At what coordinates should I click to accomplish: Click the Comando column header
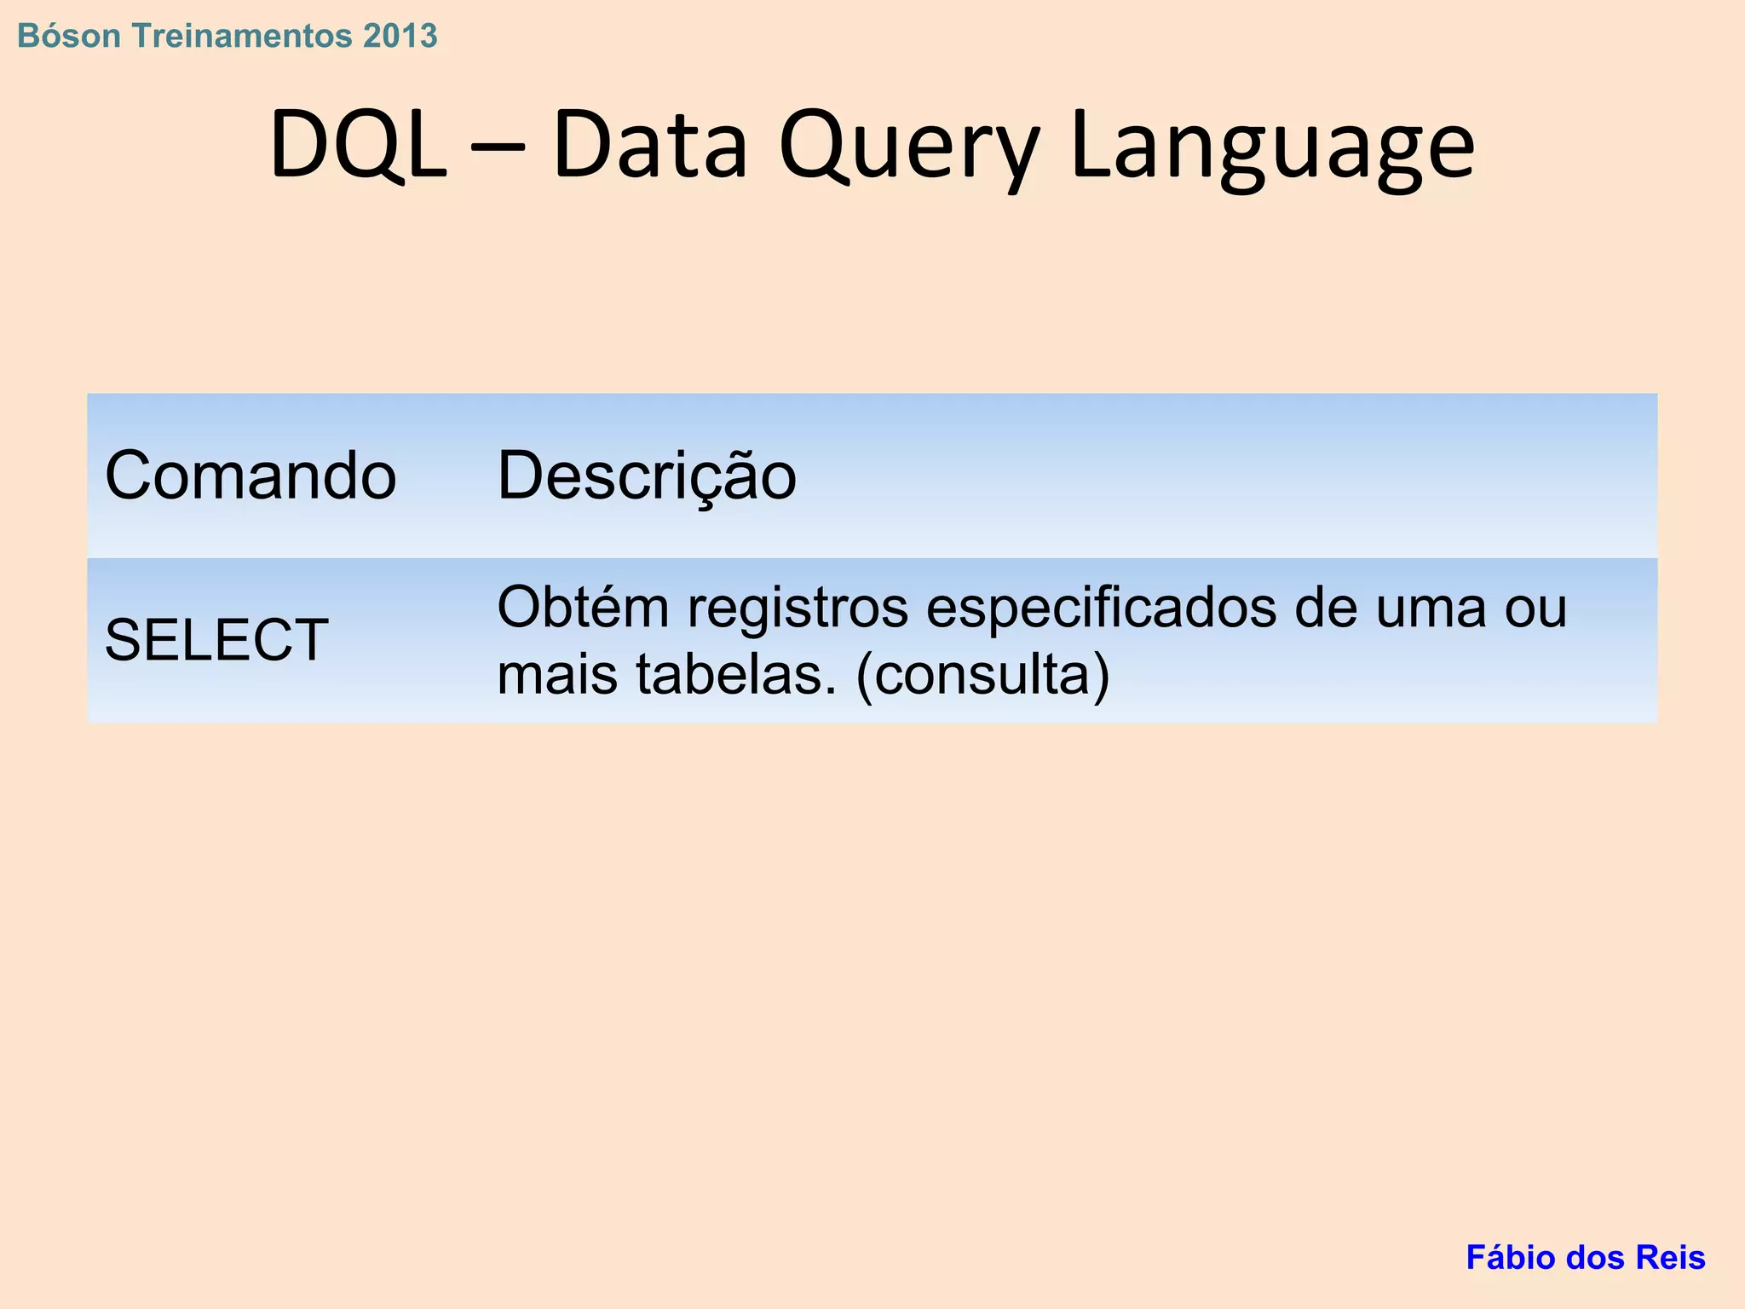point(251,476)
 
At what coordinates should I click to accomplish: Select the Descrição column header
point(647,476)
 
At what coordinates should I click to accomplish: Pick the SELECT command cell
point(216,640)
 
